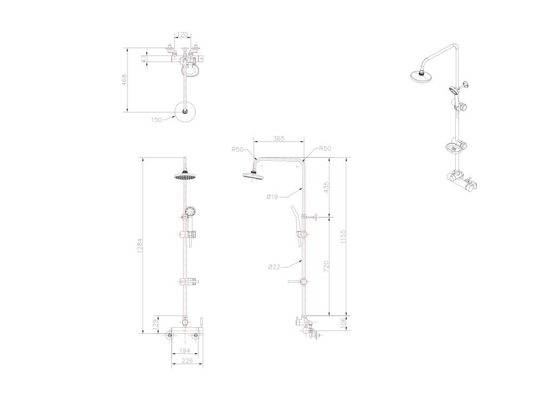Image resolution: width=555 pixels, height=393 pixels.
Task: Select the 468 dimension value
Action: point(124,80)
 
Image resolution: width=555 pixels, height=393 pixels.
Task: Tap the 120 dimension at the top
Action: point(183,35)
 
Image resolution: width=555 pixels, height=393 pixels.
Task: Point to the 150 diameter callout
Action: point(157,120)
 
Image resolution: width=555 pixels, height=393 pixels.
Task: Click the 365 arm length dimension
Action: point(279,139)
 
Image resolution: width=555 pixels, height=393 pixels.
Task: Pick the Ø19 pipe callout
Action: point(273,197)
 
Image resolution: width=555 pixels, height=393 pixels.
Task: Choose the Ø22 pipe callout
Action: point(274,267)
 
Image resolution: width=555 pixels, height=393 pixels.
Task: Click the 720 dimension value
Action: point(326,267)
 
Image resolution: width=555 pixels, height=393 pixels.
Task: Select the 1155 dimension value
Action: point(343,237)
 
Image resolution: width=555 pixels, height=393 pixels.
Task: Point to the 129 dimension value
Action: point(154,325)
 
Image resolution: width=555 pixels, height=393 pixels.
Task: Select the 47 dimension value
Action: point(143,59)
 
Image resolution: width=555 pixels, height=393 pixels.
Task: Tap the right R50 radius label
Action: point(325,148)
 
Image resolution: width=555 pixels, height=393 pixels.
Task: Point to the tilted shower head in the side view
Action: point(252,175)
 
